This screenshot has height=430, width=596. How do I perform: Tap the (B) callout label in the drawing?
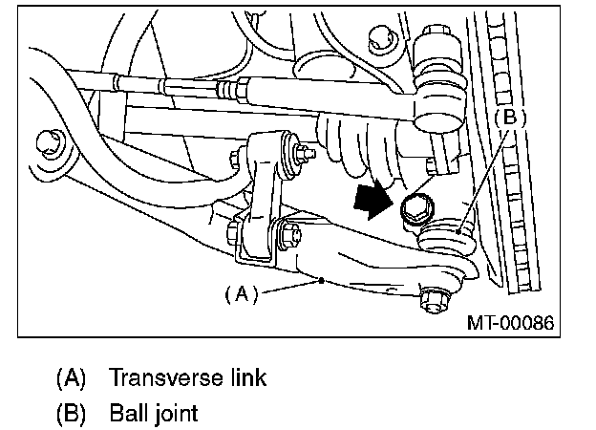click(x=509, y=118)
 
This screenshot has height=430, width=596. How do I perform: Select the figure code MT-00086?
click(x=510, y=323)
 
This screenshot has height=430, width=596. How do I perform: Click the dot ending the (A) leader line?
click(x=323, y=280)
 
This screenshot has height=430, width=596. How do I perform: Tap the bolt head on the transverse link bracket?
click(x=287, y=232)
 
